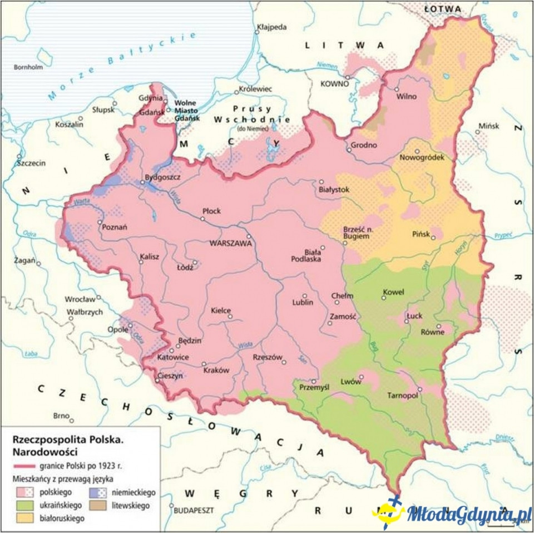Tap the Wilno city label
pyautogui.click(x=406, y=96)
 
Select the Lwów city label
pyautogui.click(x=351, y=383)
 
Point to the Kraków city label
pyautogui.click(x=216, y=371)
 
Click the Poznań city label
pyautogui.click(x=116, y=226)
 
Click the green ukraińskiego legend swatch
pyautogui.click(x=22, y=505)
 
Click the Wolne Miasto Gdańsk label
pyautogui.click(x=187, y=111)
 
